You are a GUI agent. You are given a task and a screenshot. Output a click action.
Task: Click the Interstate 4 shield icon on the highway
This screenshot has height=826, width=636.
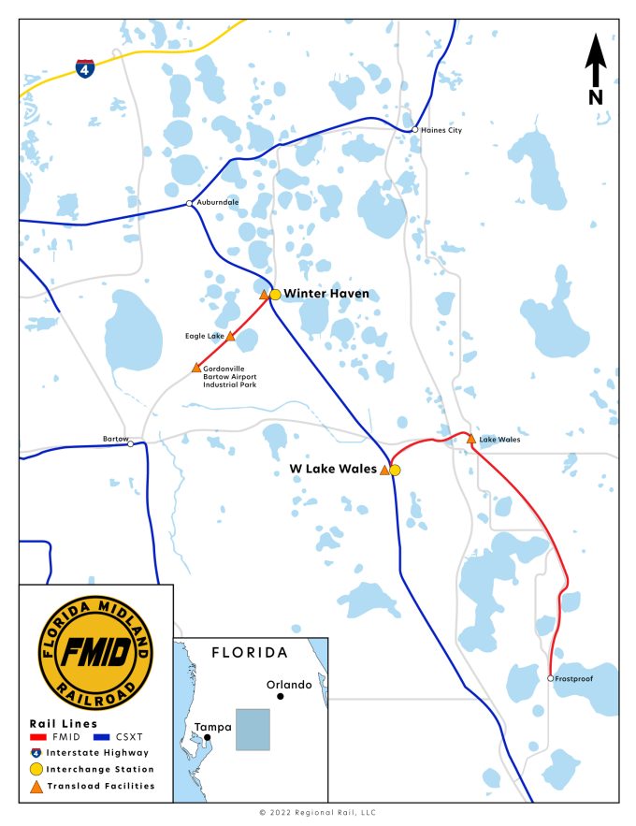click(85, 68)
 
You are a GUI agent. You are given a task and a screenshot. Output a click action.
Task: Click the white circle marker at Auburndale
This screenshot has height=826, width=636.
click(190, 203)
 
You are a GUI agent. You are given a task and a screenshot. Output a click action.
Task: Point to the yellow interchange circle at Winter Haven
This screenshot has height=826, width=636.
click(275, 295)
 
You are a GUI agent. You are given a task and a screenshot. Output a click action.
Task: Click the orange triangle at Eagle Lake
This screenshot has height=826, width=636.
click(230, 336)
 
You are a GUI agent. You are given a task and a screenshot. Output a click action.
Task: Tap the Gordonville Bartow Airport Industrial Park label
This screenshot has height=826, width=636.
click(230, 377)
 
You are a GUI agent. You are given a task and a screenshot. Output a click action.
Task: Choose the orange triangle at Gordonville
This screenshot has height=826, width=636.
click(196, 369)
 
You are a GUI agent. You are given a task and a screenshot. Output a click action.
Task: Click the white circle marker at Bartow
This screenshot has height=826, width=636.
click(131, 443)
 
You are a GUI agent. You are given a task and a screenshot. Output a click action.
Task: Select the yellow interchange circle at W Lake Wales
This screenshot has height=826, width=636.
click(395, 470)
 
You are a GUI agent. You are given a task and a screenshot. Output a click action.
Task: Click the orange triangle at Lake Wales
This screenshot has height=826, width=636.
click(470, 439)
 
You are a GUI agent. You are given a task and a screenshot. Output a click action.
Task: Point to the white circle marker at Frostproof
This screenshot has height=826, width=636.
click(551, 678)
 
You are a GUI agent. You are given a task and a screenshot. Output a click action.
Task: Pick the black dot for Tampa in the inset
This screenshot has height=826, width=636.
click(209, 737)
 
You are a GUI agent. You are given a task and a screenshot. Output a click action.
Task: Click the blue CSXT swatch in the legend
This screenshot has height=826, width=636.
click(100, 736)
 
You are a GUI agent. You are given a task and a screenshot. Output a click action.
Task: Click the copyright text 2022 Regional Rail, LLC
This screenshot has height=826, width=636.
click(318, 813)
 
